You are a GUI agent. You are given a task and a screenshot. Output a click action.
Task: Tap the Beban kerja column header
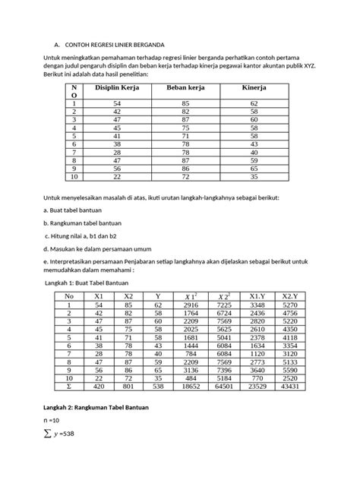coord(186,88)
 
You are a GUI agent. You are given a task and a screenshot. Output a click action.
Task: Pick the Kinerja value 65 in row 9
coord(254,169)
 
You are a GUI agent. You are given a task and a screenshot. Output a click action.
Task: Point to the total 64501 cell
coord(225,386)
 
